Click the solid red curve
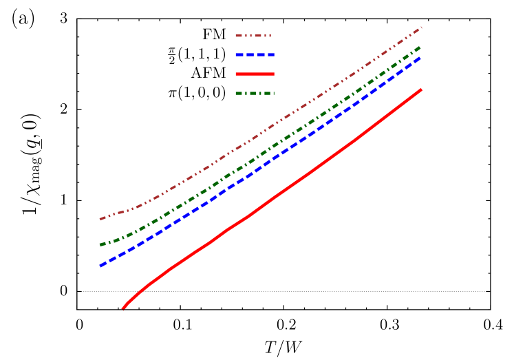coord(275,196)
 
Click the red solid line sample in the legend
coord(255,74)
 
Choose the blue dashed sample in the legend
coord(255,54)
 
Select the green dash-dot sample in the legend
coord(255,93)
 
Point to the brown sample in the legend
coord(253,35)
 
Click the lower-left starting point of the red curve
coord(123,308)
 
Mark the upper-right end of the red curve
coord(420,89)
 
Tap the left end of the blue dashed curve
coord(100,265)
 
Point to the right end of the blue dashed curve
coord(420,58)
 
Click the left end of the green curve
coord(100,244)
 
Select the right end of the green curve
coord(420,47)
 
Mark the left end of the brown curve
coord(100,220)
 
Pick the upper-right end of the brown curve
coord(420,28)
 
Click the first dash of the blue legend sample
coord(239,54)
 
